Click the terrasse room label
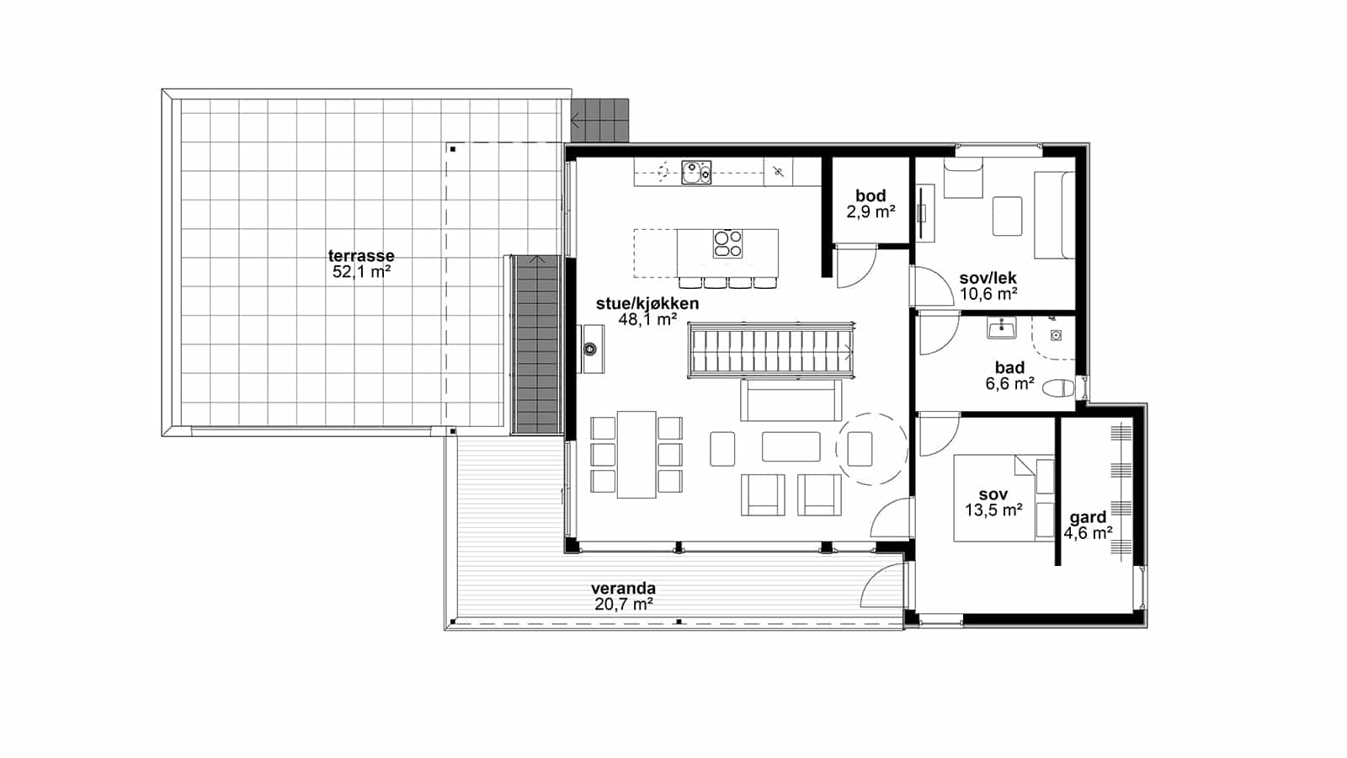coord(361,256)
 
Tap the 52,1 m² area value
coord(361,272)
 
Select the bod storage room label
coord(870,195)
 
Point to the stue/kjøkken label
coord(647,303)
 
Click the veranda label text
coord(623,589)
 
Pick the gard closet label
coord(1088,517)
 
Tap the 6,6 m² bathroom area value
coord(1009,384)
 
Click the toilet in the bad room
coord(1058,388)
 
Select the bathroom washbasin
coord(1001,328)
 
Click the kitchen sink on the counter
coord(696,172)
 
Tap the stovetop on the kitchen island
coord(727,243)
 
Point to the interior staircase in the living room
coord(771,350)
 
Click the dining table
coord(636,454)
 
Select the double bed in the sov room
coord(1004,498)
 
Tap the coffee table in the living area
coord(791,446)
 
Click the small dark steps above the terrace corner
coord(599,120)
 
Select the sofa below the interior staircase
coord(791,400)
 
